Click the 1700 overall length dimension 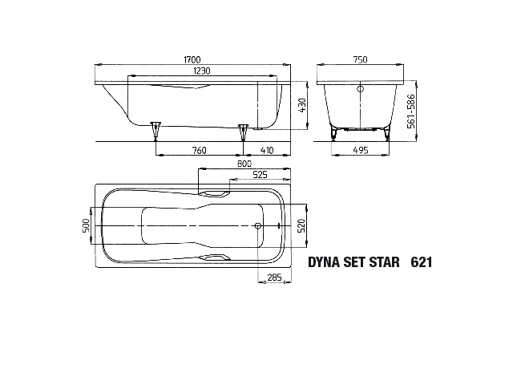point(191,60)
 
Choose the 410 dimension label point(266,150)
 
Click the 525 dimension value point(260,175)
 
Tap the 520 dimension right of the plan point(301,227)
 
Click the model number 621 point(422,262)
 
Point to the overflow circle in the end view point(359,89)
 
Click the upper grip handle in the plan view point(216,193)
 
